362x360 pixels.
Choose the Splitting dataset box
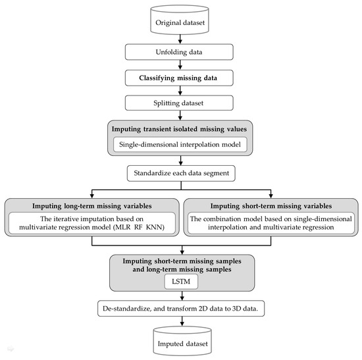(180, 102)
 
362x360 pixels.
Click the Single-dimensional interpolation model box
(180, 143)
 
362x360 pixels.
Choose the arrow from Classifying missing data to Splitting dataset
(180, 90)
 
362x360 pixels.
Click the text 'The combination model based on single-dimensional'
(272, 219)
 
